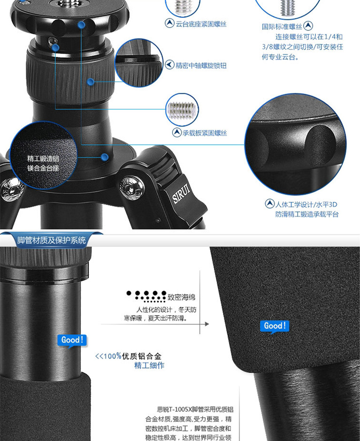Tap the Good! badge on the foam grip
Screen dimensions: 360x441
275,326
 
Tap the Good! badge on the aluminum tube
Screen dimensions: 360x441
72,340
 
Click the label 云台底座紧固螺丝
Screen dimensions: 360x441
201,24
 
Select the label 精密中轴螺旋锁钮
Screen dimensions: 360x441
201,66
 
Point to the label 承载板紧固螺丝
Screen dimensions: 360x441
205,133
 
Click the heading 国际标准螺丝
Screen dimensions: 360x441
282,26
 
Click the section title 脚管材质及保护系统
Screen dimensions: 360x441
52,240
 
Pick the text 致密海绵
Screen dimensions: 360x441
181,297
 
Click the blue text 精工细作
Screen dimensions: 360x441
149,366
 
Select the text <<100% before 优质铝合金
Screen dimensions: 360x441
108,356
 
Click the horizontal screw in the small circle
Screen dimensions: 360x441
182,110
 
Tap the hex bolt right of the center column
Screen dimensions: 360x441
132,188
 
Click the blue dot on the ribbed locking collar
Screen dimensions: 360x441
91,82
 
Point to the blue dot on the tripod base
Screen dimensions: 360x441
105,157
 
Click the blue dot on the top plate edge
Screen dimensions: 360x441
82,25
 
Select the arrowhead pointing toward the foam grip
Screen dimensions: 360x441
207,324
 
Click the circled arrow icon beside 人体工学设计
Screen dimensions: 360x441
270,203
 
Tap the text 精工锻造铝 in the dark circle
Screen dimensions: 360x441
43,159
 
